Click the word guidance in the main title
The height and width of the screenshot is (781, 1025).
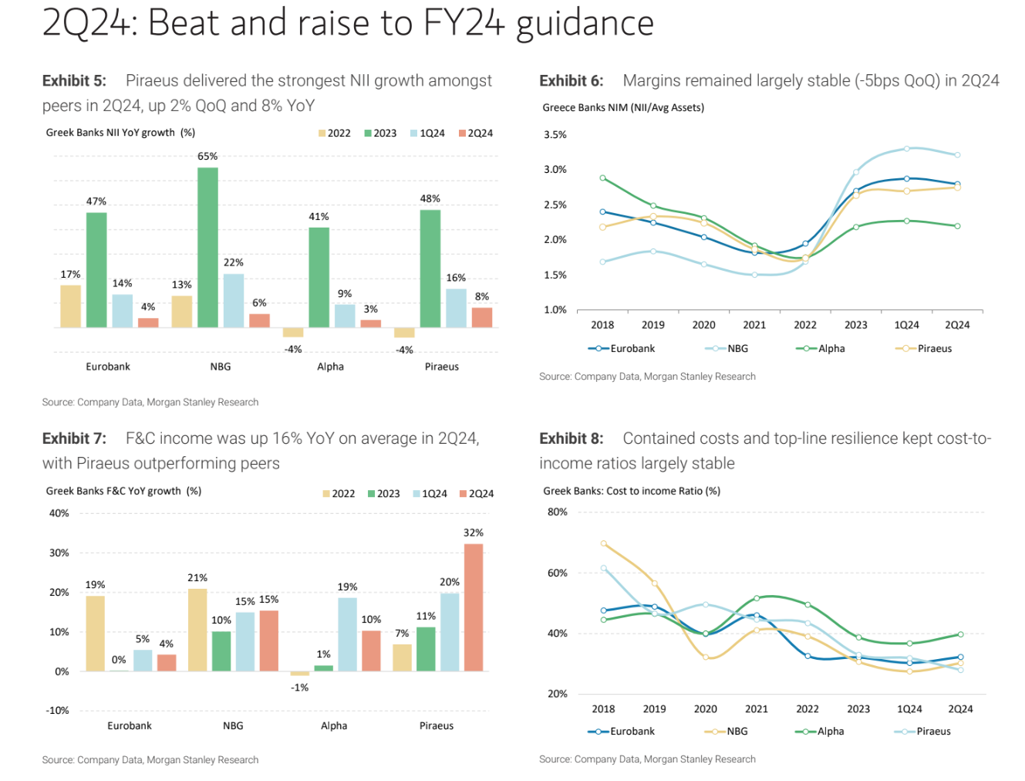click(x=585, y=23)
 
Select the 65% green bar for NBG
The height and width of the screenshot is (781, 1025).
click(x=207, y=247)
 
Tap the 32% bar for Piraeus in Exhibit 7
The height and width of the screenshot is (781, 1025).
click(x=474, y=607)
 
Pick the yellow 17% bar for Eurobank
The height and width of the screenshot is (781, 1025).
click(x=71, y=306)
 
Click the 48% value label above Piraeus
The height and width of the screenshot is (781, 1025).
click(x=430, y=198)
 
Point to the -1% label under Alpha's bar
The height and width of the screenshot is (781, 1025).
click(x=300, y=687)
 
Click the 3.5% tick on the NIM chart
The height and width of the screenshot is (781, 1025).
click(x=555, y=134)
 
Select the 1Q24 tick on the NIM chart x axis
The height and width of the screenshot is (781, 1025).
click(x=906, y=325)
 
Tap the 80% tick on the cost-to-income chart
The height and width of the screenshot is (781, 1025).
click(x=558, y=512)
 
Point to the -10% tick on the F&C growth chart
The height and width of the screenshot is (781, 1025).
click(x=58, y=710)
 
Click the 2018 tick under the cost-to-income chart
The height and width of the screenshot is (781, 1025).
click(x=603, y=708)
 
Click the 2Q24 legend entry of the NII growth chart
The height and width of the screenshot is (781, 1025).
click(x=476, y=134)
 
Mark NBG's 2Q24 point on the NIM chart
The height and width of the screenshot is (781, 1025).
click(x=958, y=155)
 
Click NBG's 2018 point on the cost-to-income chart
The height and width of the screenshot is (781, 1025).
click(x=604, y=543)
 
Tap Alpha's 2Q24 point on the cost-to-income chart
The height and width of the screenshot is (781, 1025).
click(x=960, y=634)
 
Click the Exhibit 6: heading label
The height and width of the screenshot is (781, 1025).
click(x=572, y=80)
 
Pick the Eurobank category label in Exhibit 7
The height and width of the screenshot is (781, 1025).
click(x=130, y=725)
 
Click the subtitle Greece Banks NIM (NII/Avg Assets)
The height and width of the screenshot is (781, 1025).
click(x=623, y=107)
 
